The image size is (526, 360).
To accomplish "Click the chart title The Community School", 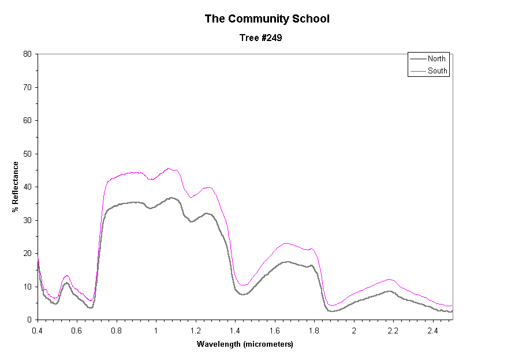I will pos(267,18).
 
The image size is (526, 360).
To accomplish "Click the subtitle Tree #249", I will pos(260,38).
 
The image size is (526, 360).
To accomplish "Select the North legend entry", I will pos(437,59).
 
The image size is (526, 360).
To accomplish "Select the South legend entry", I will pos(437,71).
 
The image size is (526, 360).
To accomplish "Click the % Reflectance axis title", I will pos(15,186).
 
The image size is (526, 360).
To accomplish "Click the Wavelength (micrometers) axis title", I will pos(245,344).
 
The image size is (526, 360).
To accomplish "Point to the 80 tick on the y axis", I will pos(27,54).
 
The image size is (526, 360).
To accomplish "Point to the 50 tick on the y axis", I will pos(27,154).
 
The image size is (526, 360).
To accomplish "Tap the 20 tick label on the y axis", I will pos(27,254).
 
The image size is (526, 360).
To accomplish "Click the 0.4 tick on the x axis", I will pos(38,330).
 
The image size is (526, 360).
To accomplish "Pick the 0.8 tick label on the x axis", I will pos(117,330).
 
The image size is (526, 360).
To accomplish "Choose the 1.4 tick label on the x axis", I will pos(235,330).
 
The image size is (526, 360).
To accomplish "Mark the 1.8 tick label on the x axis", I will pos(314,330).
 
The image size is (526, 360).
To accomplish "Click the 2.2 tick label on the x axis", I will pos(393,330).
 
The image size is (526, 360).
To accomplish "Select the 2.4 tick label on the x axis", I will pos(432,330).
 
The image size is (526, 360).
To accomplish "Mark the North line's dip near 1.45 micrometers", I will pos(244,295).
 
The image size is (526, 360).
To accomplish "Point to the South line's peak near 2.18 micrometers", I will pos(389,279).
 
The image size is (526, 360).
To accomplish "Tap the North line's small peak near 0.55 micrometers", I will pos(67,283).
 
